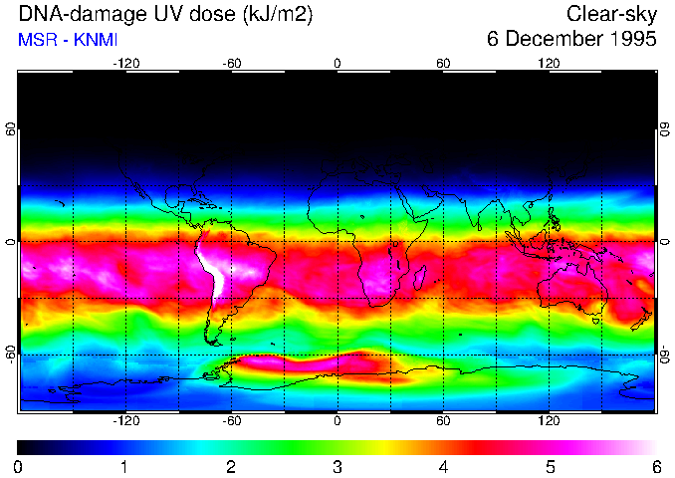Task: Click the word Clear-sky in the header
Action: [611, 14]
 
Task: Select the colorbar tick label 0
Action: [19, 466]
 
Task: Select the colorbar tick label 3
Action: [337, 466]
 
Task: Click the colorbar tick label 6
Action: [656, 466]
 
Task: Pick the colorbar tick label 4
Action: [443, 466]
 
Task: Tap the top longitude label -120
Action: [124, 63]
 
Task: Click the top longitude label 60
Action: [443, 63]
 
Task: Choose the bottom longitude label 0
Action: [337, 421]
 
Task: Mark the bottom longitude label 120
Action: [550, 421]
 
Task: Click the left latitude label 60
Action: [10, 130]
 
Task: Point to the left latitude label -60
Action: [10, 354]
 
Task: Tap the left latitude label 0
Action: [10, 242]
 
